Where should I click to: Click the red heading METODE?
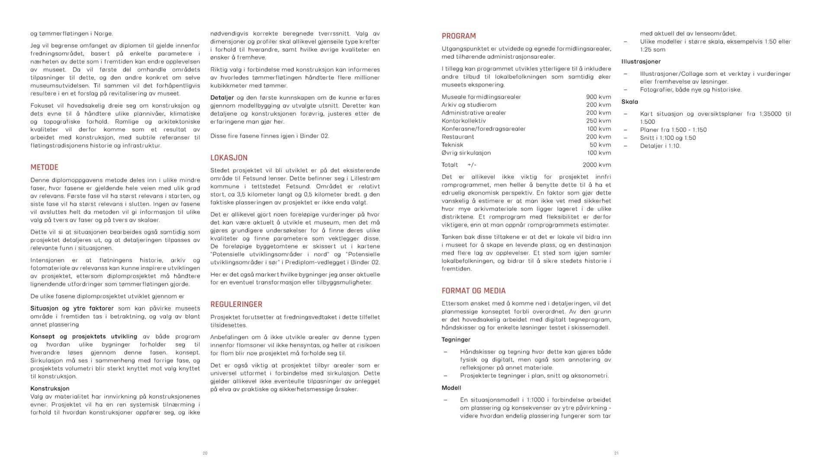[44, 167]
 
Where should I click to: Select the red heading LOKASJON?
[229, 158]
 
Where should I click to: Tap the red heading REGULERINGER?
[236, 305]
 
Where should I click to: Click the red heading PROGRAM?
[459, 36]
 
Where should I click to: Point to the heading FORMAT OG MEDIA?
[473, 291]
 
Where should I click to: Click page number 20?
[205, 453]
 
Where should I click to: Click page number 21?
[616, 453]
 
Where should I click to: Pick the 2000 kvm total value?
[597, 165]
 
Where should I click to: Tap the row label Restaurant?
[458, 137]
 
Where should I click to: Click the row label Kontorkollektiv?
[463, 121]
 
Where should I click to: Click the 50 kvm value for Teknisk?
[600, 145]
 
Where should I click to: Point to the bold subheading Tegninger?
[456, 340]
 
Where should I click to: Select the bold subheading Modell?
[451, 388]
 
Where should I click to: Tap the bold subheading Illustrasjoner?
[641, 61]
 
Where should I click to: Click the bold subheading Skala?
[629, 102]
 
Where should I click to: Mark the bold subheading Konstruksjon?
[50, 389]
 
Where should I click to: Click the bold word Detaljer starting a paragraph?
[222, 98]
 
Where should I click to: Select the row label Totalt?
[450, 165]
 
